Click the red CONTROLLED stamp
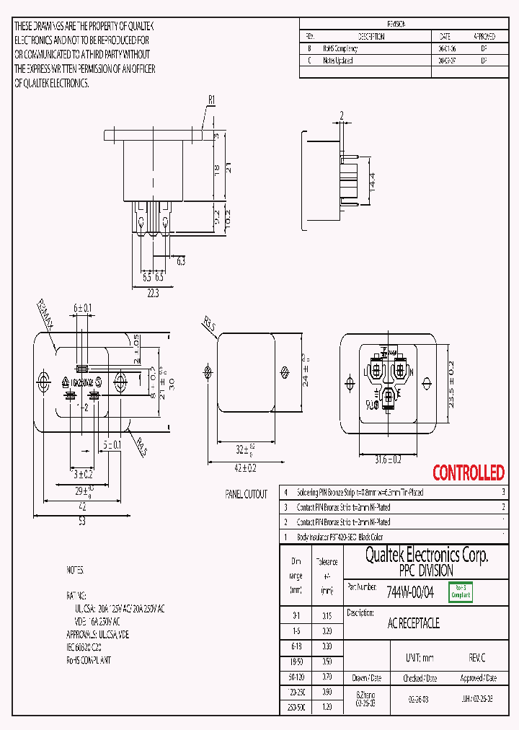[x=468, y=473]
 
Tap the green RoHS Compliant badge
[x=461, y=592]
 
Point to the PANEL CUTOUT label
[x=246, y=494]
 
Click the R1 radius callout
[x=212, y=100]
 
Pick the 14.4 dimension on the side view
[x=372, y=180]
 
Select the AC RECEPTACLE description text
[x=414, y=623]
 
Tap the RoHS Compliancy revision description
[x=340, y=49]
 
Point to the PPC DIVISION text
[x=427, y=571]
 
